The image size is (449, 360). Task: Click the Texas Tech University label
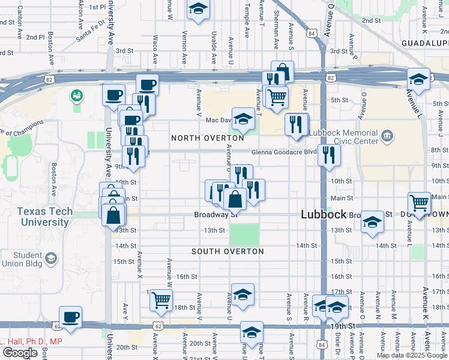point(44,217)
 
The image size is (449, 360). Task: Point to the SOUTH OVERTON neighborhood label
point(228,251)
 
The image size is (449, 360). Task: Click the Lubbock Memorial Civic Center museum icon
point(387,137)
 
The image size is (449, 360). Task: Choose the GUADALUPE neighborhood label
point(426,43)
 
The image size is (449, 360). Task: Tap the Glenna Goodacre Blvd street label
point(283,152)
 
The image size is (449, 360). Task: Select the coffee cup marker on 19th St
point(70,316)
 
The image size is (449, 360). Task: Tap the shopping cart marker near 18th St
point(161,299)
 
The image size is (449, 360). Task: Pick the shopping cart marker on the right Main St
point(419,202)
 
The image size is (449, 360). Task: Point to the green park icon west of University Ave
point(76,95)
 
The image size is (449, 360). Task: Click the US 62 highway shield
point(158,325)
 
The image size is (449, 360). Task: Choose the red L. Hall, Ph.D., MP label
point(31,341)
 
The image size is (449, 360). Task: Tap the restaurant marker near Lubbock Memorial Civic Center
point(328,154)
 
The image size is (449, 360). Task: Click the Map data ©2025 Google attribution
point(412,355)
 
